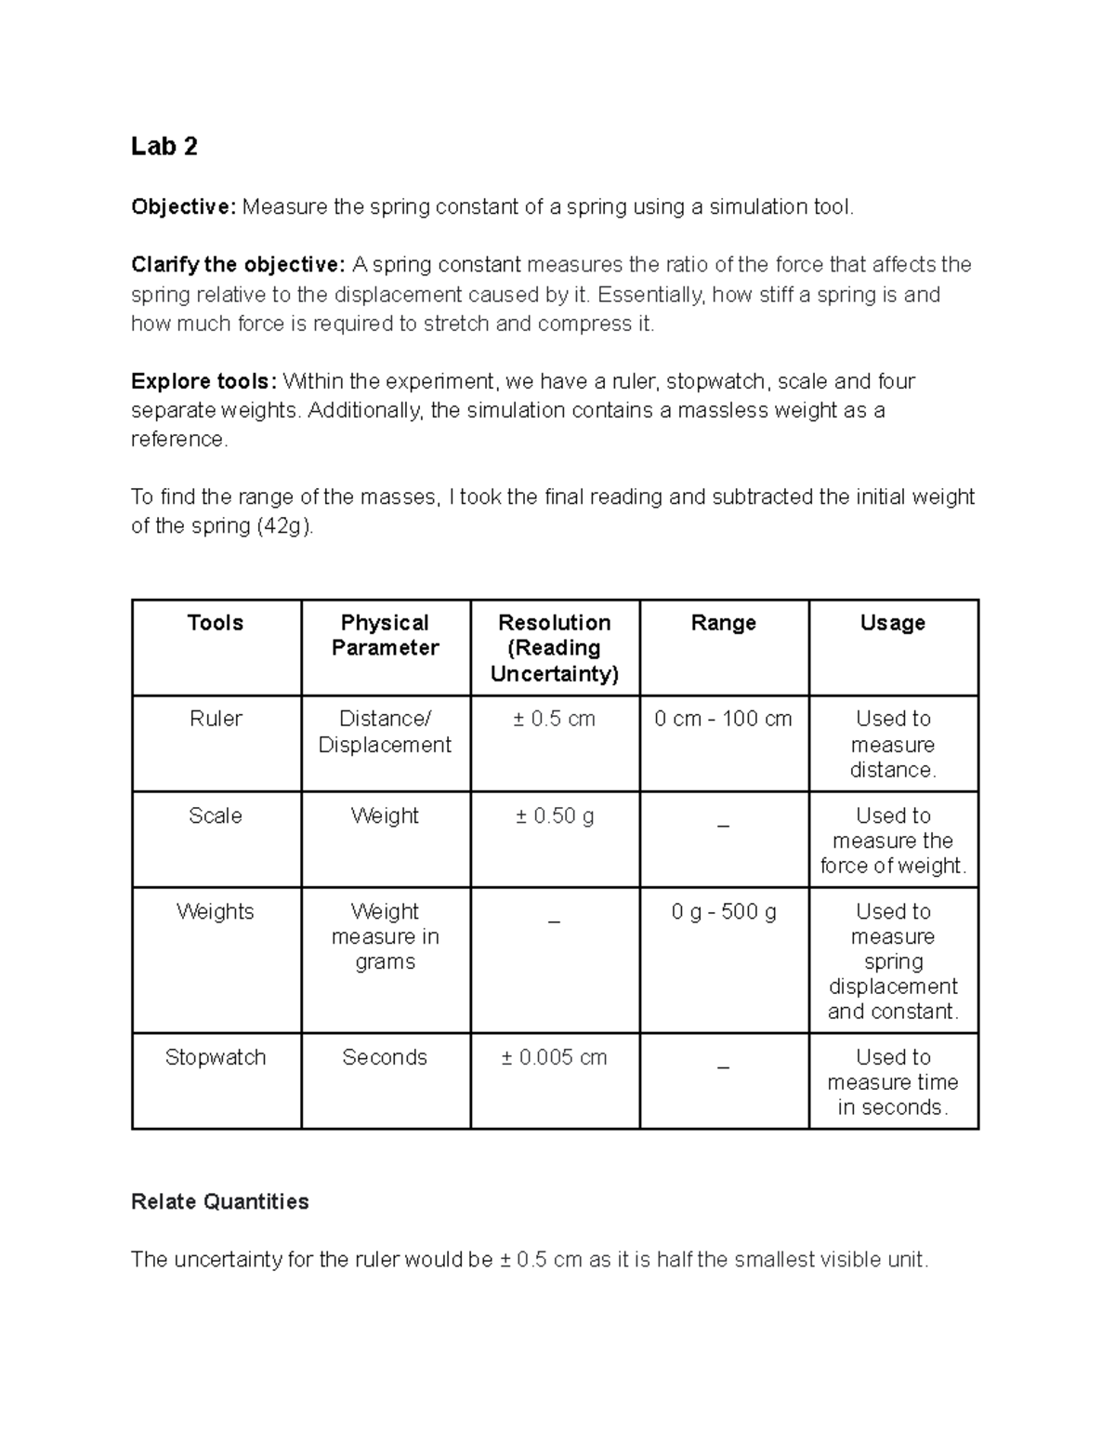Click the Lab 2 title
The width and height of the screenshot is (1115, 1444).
tap(164, 147)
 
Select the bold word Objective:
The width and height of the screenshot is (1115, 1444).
tap(184, 206)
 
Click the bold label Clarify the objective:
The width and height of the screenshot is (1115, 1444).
tap(238, 265)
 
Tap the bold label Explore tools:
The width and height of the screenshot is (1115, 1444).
tap(203, 381)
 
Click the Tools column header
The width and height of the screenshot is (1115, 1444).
tap(216, 623)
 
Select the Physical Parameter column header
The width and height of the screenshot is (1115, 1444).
tap(385, 635)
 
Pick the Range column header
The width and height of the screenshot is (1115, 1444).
tap(723, 623)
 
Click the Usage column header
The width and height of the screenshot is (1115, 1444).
tap(892, 623)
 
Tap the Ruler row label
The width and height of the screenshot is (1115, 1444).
tap(216, 719)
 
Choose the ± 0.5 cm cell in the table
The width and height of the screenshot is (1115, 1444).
tap(554, 719)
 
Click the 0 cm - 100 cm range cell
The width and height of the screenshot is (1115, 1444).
tap(723, 719)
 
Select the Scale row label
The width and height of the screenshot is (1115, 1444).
tap(216, 815)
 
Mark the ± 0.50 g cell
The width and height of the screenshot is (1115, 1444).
tap(554, 815)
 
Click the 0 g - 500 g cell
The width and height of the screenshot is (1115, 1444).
tap(723, 911)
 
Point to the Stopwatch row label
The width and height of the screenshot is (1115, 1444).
tap(216, 1057)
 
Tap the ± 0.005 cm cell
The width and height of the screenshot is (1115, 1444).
tap(554, 1057)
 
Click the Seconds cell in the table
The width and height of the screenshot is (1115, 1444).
tap(385, 1057)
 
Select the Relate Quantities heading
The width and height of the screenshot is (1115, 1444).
tap(220, 1201)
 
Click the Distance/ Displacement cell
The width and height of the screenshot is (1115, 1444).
tap(385, 732)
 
